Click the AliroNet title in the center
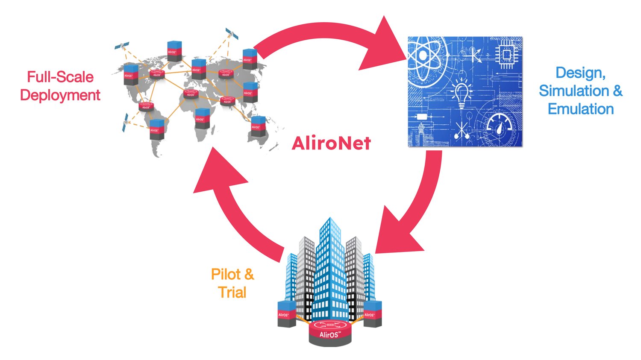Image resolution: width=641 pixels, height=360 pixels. coord(331,143)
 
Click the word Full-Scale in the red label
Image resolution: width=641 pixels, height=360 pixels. coord(60,77)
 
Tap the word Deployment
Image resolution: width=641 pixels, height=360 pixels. coord(60,95)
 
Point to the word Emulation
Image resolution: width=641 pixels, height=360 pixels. coord(581,109)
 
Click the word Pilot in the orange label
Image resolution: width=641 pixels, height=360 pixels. coord(226,274)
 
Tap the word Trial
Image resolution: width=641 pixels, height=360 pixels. coord(232,293)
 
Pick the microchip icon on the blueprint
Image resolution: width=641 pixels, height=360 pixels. coord(507,55)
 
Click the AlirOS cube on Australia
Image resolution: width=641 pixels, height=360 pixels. coord(258,126)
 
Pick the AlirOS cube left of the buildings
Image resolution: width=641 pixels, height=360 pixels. coord(286,314)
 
